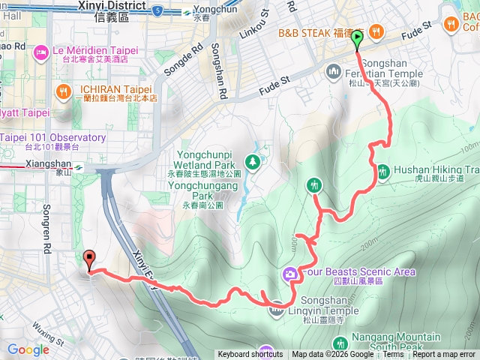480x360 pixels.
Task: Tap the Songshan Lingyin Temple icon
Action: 277,306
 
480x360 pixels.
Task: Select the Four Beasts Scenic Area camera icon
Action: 290,273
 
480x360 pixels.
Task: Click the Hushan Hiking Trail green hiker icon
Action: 383,170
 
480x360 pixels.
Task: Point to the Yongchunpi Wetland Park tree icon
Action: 253,161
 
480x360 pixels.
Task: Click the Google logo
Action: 28,349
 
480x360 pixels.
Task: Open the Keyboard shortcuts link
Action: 250,355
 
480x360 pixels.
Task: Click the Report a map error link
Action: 444,355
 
